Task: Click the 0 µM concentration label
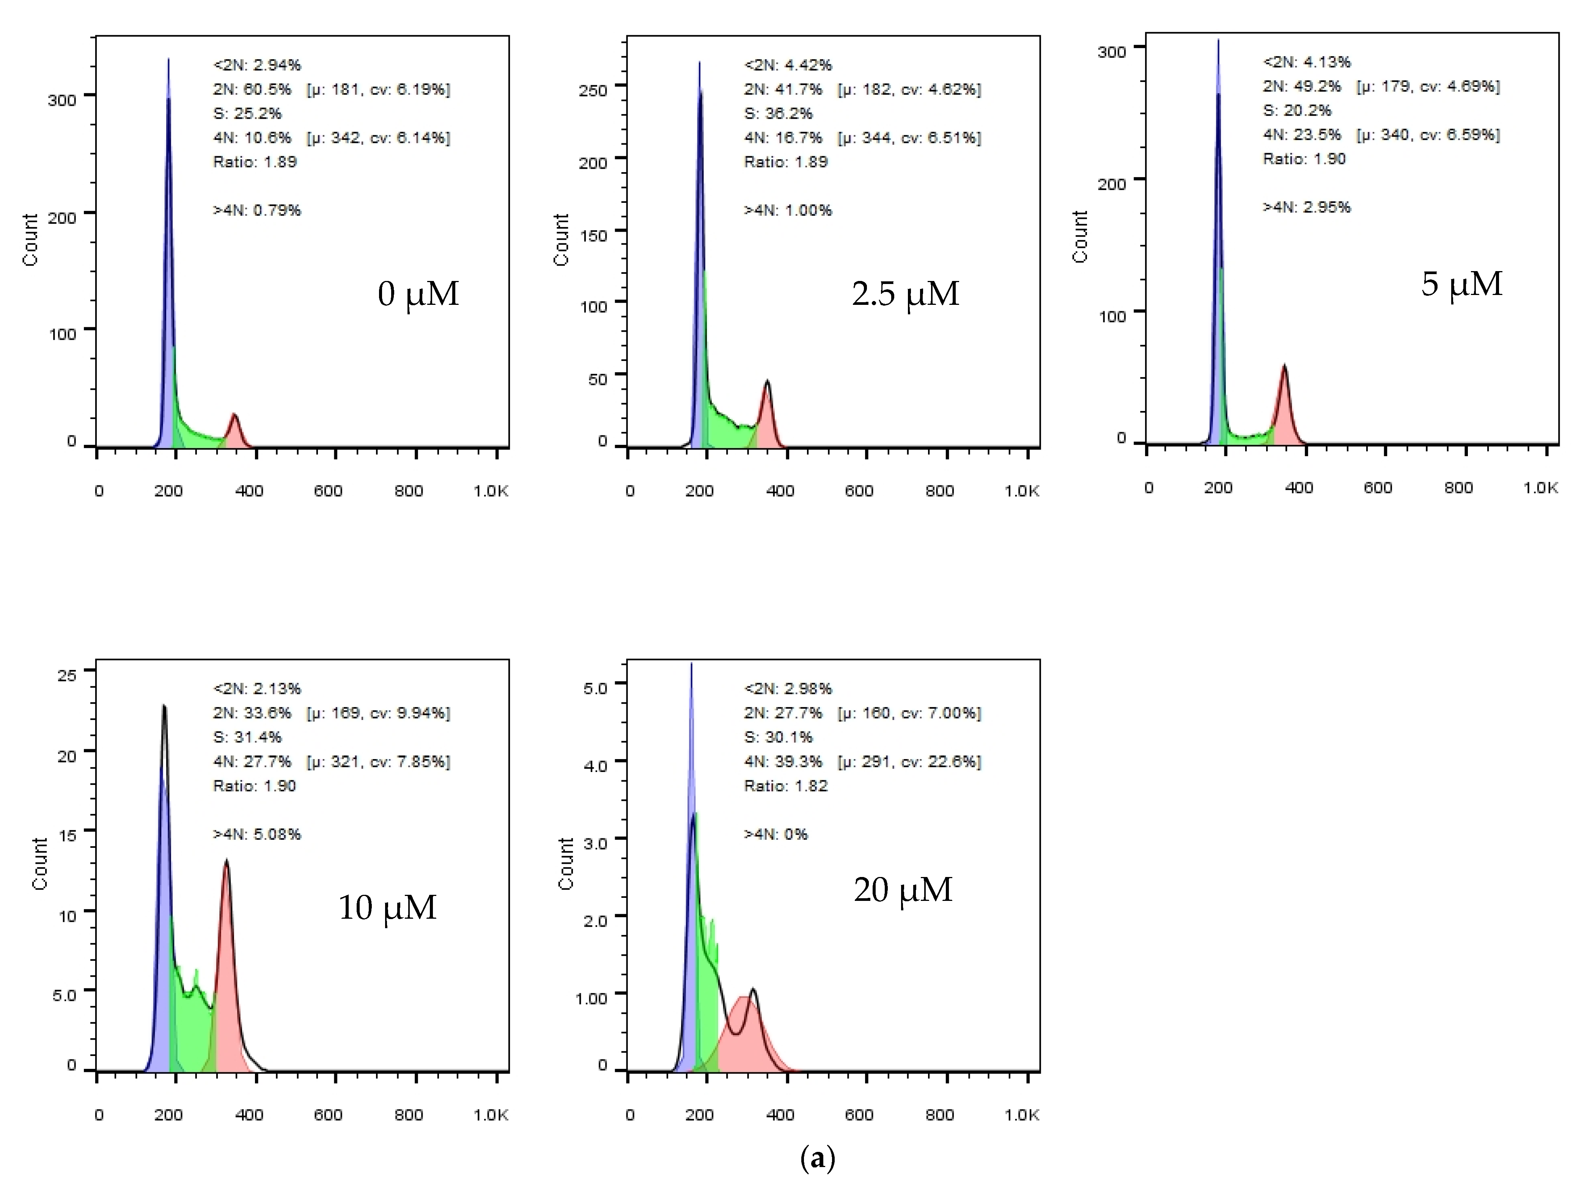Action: (418, 294)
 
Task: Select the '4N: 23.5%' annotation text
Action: (1301, 135)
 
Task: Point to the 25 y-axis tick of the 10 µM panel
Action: (66, 675)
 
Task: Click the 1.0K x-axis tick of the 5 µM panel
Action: (1541, 488)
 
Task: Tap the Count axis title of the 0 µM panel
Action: (30, 240)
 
